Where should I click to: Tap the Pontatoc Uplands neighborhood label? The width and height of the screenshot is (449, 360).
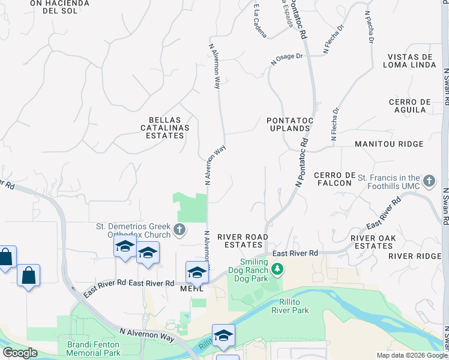click(x=290, y=125)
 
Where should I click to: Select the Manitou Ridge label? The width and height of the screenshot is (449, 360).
click(x=389, y=144)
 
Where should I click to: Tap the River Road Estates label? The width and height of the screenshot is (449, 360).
click(x=243, y=241)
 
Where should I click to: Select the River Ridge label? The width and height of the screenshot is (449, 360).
click(x=415, y=256)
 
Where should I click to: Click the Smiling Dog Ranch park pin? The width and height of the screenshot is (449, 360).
click(x=277, y=271)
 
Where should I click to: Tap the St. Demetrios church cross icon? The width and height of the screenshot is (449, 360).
click(x=179, y=229)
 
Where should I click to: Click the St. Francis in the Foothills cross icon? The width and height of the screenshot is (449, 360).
click(x=429, y=181)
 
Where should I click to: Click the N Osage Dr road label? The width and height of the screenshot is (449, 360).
click(x=287, y=58)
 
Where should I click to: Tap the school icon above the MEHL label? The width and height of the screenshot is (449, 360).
click(x=196, y=272)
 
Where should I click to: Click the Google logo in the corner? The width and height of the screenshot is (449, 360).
click(x=20, y=353)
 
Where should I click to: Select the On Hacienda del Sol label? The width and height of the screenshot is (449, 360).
click(x=59, y=7)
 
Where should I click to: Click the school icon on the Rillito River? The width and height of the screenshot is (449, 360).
click(x=223, y=335)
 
